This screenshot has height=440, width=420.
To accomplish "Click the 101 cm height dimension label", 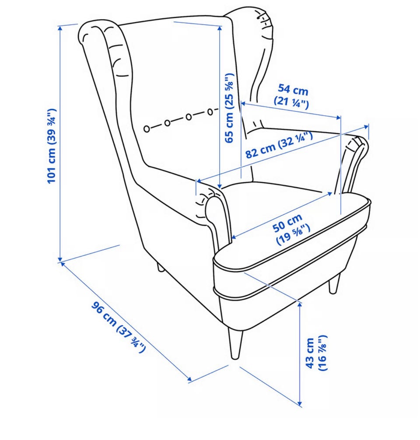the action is pos(52,146).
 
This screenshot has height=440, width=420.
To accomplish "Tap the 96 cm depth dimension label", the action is pos(119,327).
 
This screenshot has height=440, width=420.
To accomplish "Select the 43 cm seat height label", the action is pos(316,353).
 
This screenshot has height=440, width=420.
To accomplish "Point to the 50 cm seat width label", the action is pos(291,229).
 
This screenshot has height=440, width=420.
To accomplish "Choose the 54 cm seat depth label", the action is pos(292,96).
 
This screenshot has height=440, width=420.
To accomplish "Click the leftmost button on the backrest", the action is pos(147,129).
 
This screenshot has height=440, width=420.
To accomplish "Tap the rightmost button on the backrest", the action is pos(210,112).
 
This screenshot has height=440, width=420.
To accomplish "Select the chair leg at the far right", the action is pos(334,284).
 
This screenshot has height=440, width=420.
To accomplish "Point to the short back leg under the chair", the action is pos(160,267).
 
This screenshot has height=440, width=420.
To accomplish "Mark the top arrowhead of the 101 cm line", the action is pos(60,28).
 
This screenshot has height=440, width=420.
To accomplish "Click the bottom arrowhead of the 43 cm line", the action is pos(301,404).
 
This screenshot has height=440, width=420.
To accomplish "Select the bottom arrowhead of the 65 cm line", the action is pos(220,186).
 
